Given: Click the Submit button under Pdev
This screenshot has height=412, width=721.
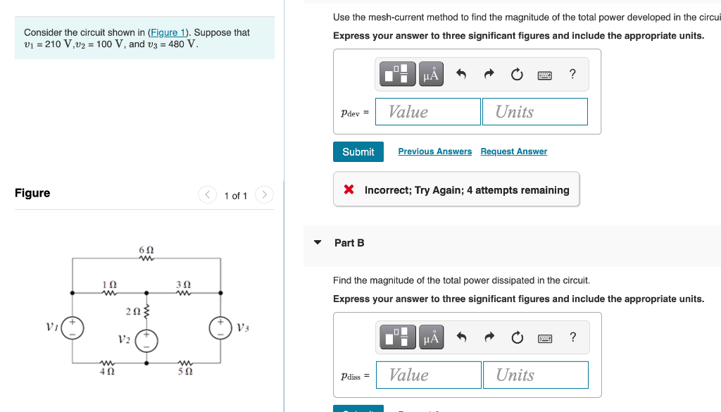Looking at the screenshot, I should click(x=358, y=152).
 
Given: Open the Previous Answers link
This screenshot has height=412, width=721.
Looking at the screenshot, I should click(x=434, y=151).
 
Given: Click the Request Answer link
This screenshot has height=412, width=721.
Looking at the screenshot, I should click(x=513, y=151).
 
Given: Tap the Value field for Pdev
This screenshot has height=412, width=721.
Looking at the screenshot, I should click(x=428, y=112).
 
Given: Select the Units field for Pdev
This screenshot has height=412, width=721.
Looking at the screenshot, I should click(x=534, y=112).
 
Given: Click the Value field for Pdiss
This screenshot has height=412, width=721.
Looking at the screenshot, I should click(x=429, y=375).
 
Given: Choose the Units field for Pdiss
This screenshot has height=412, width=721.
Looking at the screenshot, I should click(x=535, y=375).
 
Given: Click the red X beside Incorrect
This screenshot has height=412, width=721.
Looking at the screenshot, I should click(x=349, y=190).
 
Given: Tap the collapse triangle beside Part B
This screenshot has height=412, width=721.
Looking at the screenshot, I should click(x=318, y=243).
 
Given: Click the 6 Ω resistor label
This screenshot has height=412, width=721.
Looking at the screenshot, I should click(x=146, y=250).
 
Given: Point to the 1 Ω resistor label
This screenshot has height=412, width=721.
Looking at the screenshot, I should click(x=109, y=284).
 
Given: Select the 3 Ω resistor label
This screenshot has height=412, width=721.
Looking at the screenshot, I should click(x=184, y=284).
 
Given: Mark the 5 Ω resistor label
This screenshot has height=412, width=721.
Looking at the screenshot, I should click(x=184, y=369).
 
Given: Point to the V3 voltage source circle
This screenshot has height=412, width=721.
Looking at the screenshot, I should click(x=221, y=328).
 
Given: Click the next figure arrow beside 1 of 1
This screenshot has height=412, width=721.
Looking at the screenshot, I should click(x=263, y=195).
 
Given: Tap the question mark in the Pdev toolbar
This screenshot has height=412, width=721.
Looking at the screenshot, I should click(x=572, y=74).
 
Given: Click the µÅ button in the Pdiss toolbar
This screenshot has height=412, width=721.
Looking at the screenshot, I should click(x=432, y=338).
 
